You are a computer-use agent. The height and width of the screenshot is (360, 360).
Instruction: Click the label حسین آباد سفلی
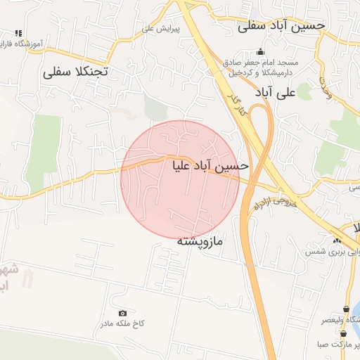(282, 25)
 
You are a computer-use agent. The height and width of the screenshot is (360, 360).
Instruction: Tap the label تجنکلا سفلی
(75, 72)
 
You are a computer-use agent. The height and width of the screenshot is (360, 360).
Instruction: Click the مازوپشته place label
(199, 241)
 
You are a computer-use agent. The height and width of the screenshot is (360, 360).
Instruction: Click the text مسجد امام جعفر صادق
(262, 63)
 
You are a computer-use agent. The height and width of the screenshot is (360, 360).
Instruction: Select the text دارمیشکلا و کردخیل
(261, 72)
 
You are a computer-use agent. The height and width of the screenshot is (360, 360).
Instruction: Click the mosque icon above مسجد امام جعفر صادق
(261, 51)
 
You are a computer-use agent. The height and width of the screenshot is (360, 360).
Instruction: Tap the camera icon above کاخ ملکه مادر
(123, 313)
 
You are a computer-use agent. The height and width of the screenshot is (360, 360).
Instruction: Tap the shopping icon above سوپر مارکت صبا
(343, 334)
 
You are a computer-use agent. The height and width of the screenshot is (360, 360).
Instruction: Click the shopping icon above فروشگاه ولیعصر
(345, 309)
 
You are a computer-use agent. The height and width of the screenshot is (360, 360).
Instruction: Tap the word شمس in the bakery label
(314, 251)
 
